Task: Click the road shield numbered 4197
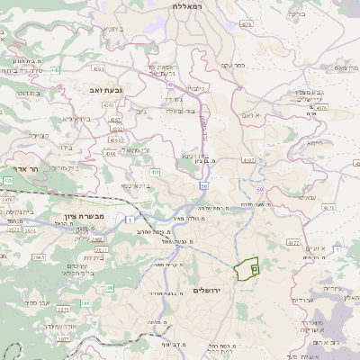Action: pos(247,159)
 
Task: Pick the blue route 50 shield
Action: pos(204,186)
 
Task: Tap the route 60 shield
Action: pos(259,190)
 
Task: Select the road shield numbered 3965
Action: pos(39,256)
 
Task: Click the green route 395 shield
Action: pos(109,288)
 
